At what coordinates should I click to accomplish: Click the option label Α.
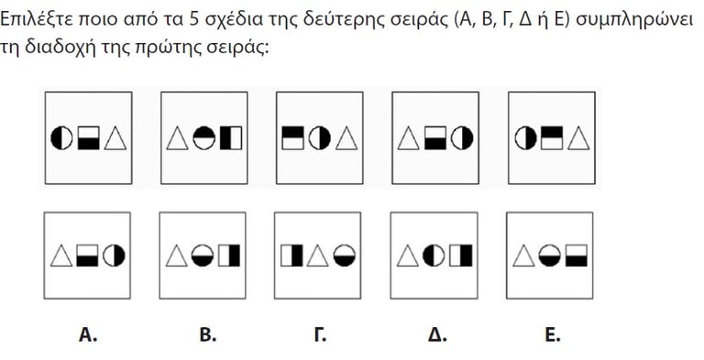[88, 335]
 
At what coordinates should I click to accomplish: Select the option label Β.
[208, 335]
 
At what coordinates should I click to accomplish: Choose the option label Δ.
[437, 335]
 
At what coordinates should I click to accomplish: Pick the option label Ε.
[552, 335]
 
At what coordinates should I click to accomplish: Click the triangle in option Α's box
[63, 255]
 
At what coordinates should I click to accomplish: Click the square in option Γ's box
[293, 255]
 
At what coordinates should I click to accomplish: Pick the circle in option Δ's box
[435, 255]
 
